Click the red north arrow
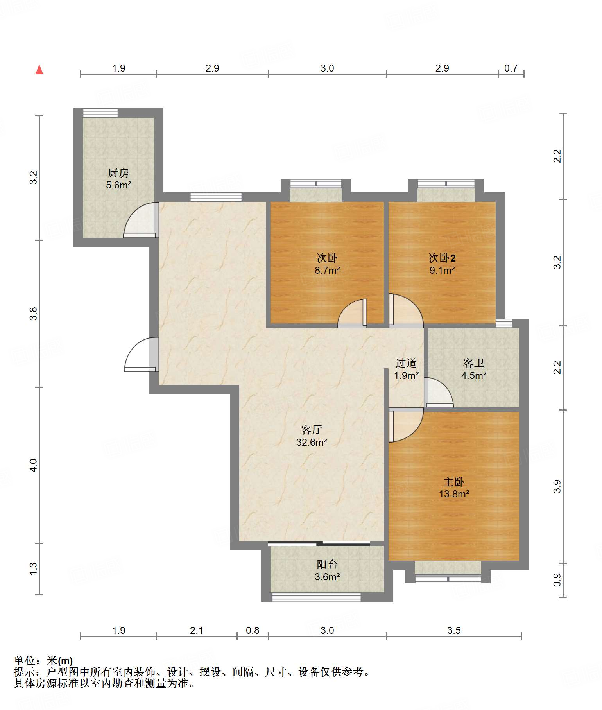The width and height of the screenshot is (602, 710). pyautogui.click(x=39, y=70)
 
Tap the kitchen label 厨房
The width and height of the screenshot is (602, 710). pyautogui.click(x=118, y=172)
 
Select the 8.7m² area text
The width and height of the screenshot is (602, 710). pyautogui.click(x=327, y=270)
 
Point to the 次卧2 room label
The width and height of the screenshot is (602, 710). pyautogui.click(x=442, y=258)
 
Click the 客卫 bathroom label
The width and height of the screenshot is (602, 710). pyautogui.click(x=474, y=363)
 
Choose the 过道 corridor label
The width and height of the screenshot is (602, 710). pyautogui.click(x=406, y=363)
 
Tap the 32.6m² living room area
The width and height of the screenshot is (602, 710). pyautogui.click(x=312, y=442)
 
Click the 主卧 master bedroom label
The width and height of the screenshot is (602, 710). pyautogui.click(x=454, y=482)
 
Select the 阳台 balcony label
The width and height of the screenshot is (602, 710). pyautogui.click(x=327, y=564)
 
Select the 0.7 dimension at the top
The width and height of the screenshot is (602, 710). pyautogui.click(x=511, y=68)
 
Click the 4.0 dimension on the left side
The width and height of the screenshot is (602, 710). pyautogui.click(x=34, y=465)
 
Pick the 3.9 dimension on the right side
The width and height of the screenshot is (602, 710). pyautogui.click(x=557, y=486)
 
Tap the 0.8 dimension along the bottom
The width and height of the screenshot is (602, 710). pyautogui.click(x=253, y=630)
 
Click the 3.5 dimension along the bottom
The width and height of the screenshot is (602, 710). pyautogui.click(x=454, y=630)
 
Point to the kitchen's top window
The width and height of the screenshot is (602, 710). pyautogui.click(x=100, y=113)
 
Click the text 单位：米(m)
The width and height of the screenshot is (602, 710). pyautogui.click(x=43, y=661)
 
